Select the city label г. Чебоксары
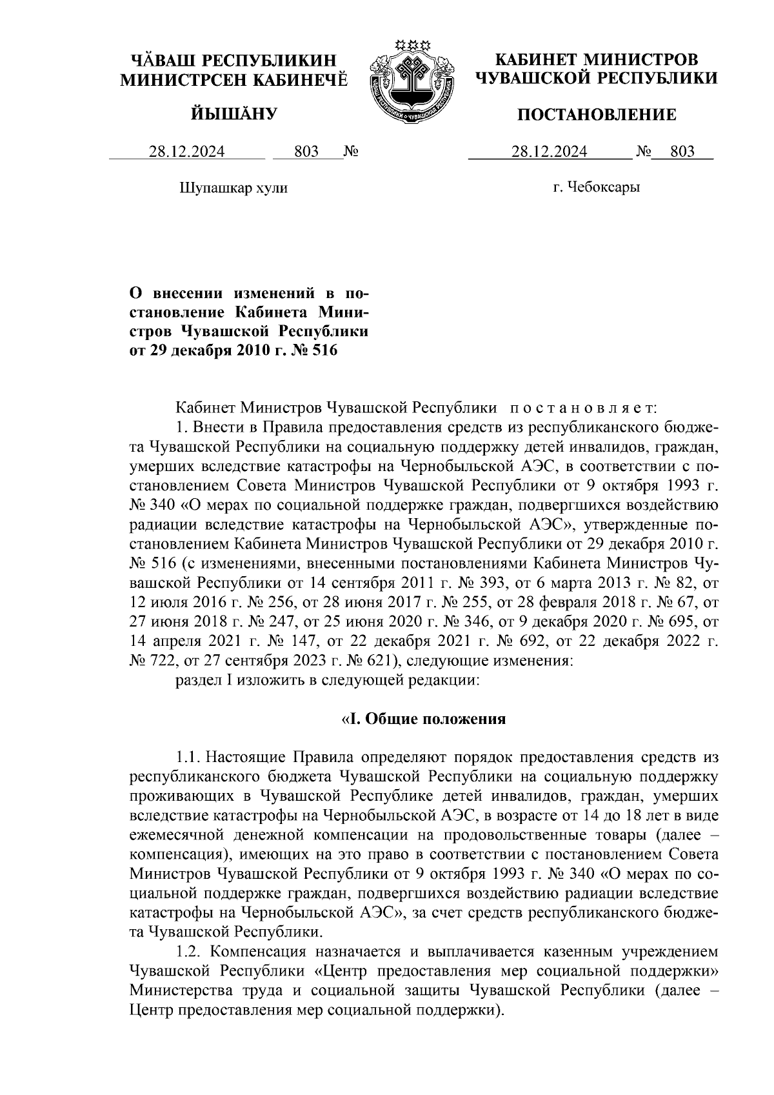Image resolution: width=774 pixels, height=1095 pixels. point(597,188)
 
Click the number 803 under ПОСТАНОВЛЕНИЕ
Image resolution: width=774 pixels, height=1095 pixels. point(682,152)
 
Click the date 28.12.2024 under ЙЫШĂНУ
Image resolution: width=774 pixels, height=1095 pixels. point(187,152)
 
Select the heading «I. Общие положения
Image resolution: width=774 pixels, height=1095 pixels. point(423,719)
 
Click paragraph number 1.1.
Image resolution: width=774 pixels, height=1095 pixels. point(191,756)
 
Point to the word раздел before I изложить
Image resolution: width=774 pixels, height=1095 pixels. point(196,679)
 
